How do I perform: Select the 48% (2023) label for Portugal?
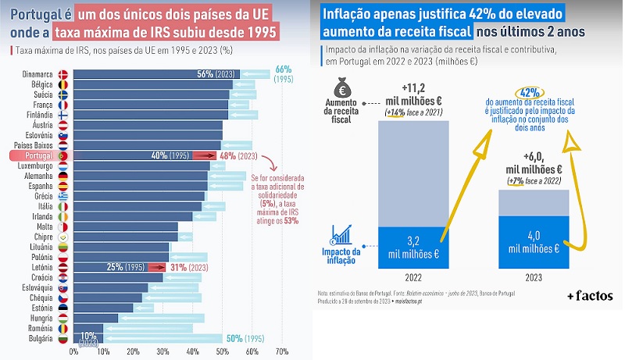tap(238, 155)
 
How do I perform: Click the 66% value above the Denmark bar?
tap(283, 69)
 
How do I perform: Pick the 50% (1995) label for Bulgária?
tap(245, 338)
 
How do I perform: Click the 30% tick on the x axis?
tap(162, 352)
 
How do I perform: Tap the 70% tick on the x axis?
tap(282, 352)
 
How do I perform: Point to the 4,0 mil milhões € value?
tap(533, 242)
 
